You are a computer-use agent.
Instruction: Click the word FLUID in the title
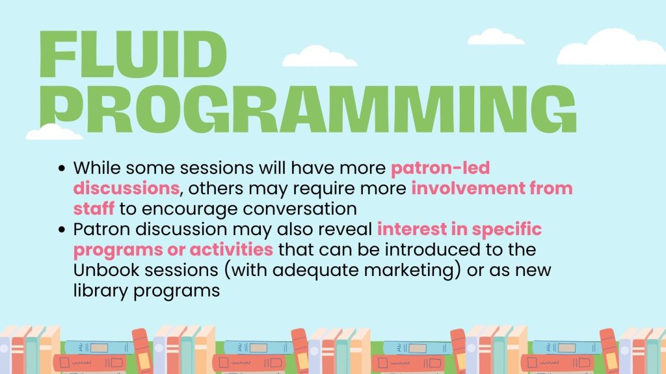133,55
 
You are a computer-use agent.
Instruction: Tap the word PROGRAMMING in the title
308,109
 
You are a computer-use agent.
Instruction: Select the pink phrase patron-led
440,168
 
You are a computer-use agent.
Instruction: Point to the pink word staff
94,208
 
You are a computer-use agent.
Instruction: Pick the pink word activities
231,249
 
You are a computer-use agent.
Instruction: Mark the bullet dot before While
62,168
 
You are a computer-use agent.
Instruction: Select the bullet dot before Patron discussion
62,230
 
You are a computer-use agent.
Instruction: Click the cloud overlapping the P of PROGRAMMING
54,132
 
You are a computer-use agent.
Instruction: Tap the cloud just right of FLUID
319,58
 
